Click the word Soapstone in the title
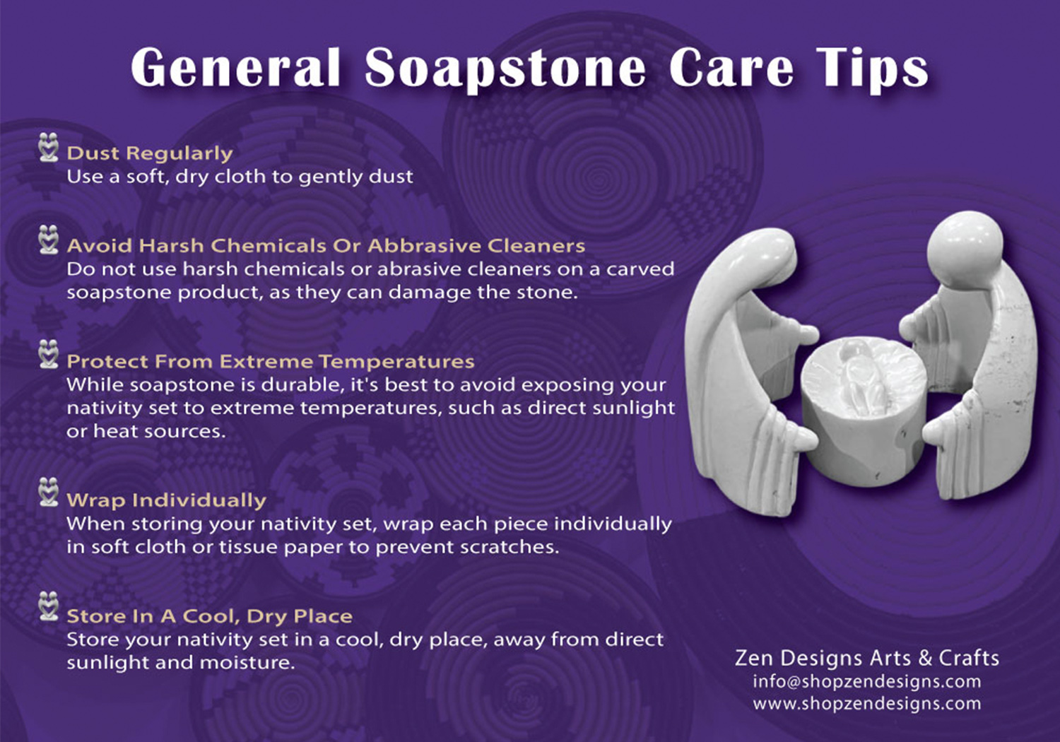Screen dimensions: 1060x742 point(505,69)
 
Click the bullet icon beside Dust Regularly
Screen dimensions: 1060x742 point(49,147)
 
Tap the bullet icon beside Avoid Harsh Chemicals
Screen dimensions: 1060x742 point(49,240)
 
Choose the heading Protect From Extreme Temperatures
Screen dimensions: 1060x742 point(270,362)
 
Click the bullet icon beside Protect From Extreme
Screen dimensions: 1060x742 point(49,354)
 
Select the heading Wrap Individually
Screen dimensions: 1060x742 point(166,500)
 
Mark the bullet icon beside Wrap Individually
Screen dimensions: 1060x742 point(49,492)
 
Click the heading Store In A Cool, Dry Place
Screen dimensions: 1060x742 point(209,616)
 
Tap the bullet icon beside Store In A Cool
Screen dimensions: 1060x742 point(49,606)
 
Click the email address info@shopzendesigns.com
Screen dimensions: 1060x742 point(867,681)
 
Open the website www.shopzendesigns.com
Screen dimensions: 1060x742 point(867,703)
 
